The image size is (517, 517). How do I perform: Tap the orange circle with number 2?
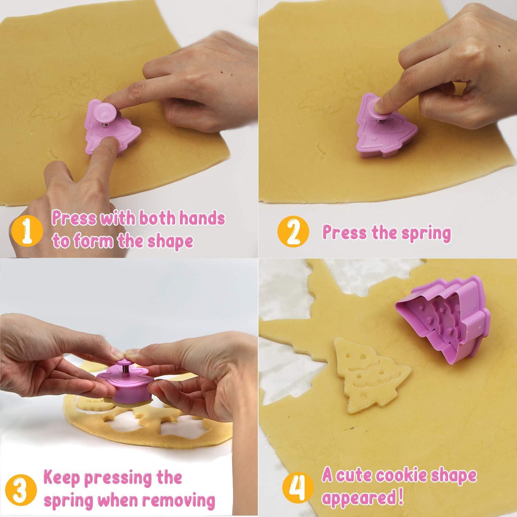pos(293,231)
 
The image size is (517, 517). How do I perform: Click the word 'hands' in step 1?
pos(202,218)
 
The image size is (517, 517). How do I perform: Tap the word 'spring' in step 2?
pos(426,233)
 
